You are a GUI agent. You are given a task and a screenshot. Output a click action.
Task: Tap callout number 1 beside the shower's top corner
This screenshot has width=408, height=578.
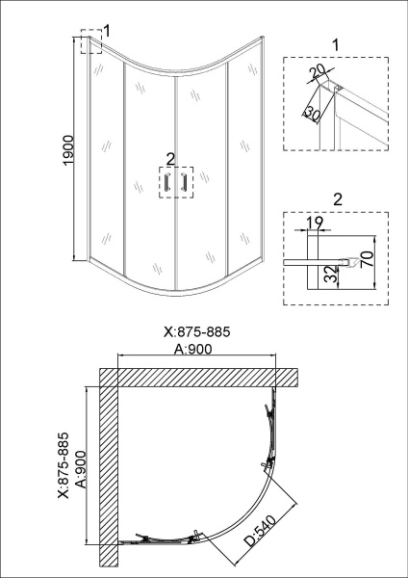click(107, 31)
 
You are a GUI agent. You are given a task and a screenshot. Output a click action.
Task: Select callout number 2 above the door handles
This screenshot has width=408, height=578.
click(169, 158)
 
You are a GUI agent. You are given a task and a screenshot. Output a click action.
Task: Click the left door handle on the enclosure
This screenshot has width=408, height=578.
click(166, 183)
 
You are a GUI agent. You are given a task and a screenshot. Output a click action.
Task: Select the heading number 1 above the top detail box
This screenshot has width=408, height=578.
click(335, 44)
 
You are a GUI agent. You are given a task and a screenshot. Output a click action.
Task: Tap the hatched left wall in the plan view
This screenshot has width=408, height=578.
click(108, 472)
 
